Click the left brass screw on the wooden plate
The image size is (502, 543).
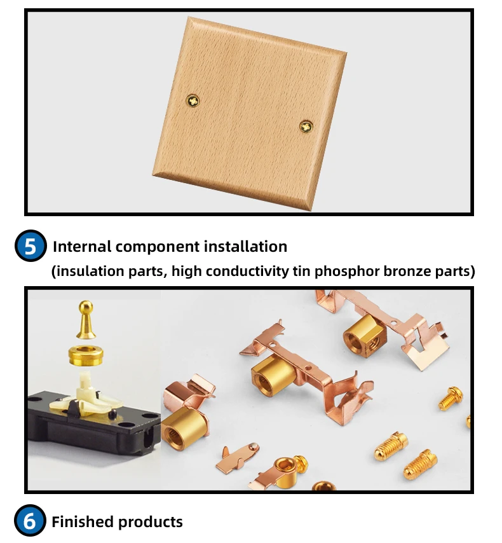[x=193, y=100]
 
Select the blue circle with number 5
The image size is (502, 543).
[x=30, y=246]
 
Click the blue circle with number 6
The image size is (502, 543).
[x=30, y=521]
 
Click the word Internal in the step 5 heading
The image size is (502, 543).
[x=81, y=246]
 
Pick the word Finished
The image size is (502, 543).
[x=81, y=522]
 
